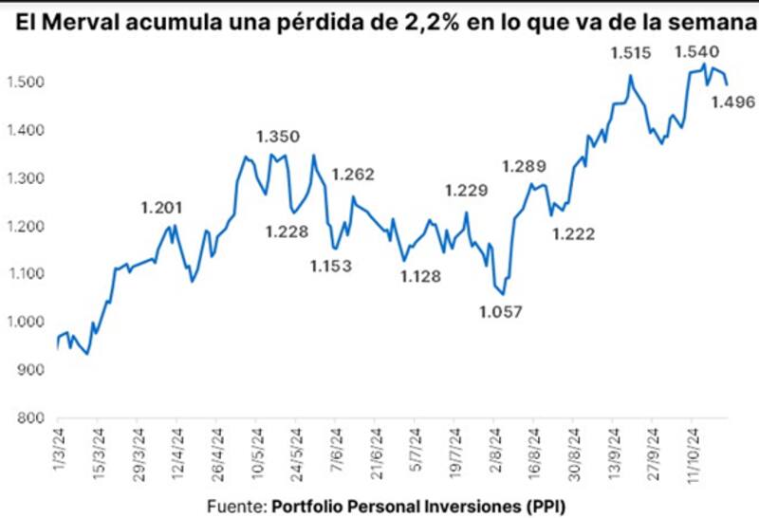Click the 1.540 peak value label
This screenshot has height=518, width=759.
coord(697,52)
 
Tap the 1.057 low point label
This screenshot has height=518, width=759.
coord(500,311)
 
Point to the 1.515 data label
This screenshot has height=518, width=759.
coord(631,54)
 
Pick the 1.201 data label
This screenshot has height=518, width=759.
coord(161,208)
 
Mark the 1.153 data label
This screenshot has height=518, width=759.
coord(331,266)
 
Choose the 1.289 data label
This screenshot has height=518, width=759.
coord(523,166)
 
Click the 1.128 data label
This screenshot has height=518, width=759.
coord(419,276)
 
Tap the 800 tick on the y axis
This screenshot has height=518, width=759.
coord(31,418)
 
